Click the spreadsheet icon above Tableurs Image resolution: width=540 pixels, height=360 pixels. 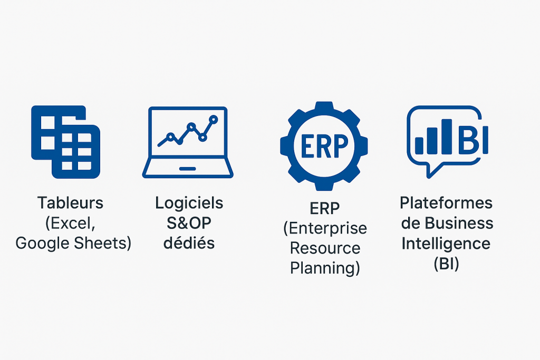click(65, 142)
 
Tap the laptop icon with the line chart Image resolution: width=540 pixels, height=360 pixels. click(188, 142)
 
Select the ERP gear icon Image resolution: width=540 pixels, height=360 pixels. click(324, 146)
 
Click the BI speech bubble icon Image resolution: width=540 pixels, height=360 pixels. click(447, 142)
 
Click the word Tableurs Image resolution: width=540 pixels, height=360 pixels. click(70, 203)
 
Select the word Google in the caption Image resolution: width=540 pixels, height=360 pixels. click(43, 244)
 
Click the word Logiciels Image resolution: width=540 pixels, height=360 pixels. click(189, 203)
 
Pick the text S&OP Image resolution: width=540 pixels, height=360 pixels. click(189, 223)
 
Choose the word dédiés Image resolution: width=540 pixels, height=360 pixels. click(189, 243)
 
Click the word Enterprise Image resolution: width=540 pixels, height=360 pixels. click(327, 228)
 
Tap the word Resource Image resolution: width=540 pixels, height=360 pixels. click(325, 248)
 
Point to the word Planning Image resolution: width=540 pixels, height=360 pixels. click(323, 268)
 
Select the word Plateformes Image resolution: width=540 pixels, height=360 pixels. click(446, 203)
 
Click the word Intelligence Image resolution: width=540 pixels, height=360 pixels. click(446, 244)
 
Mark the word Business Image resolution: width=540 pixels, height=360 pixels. click(459, 223)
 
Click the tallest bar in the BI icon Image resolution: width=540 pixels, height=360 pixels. click(447, 137)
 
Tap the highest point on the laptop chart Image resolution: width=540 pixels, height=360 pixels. click(214, 120)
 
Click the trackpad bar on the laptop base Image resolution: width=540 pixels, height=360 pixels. click(188, 169)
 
